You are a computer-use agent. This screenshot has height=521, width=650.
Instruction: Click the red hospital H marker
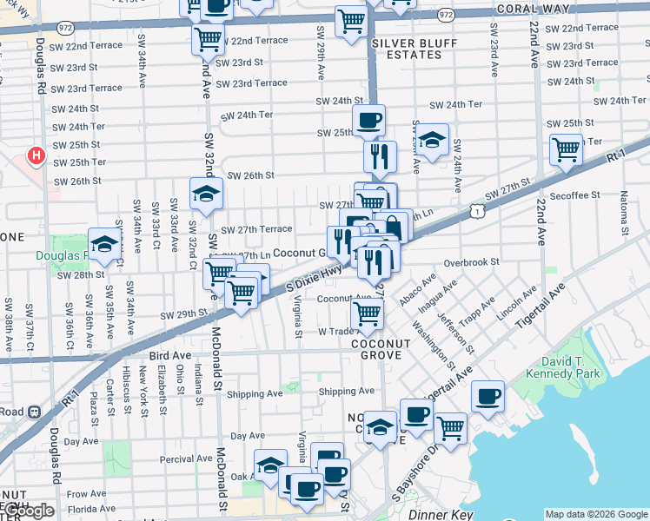[36, 156]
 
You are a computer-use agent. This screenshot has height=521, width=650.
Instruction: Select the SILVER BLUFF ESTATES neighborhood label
[407, 48]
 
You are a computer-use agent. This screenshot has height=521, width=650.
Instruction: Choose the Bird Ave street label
[169, 356]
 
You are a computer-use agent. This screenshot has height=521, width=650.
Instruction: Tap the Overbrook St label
[471, 261]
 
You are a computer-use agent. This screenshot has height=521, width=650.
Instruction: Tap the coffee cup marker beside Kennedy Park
[487, 397]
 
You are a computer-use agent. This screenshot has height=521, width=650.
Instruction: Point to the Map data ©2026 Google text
[595, 514]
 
